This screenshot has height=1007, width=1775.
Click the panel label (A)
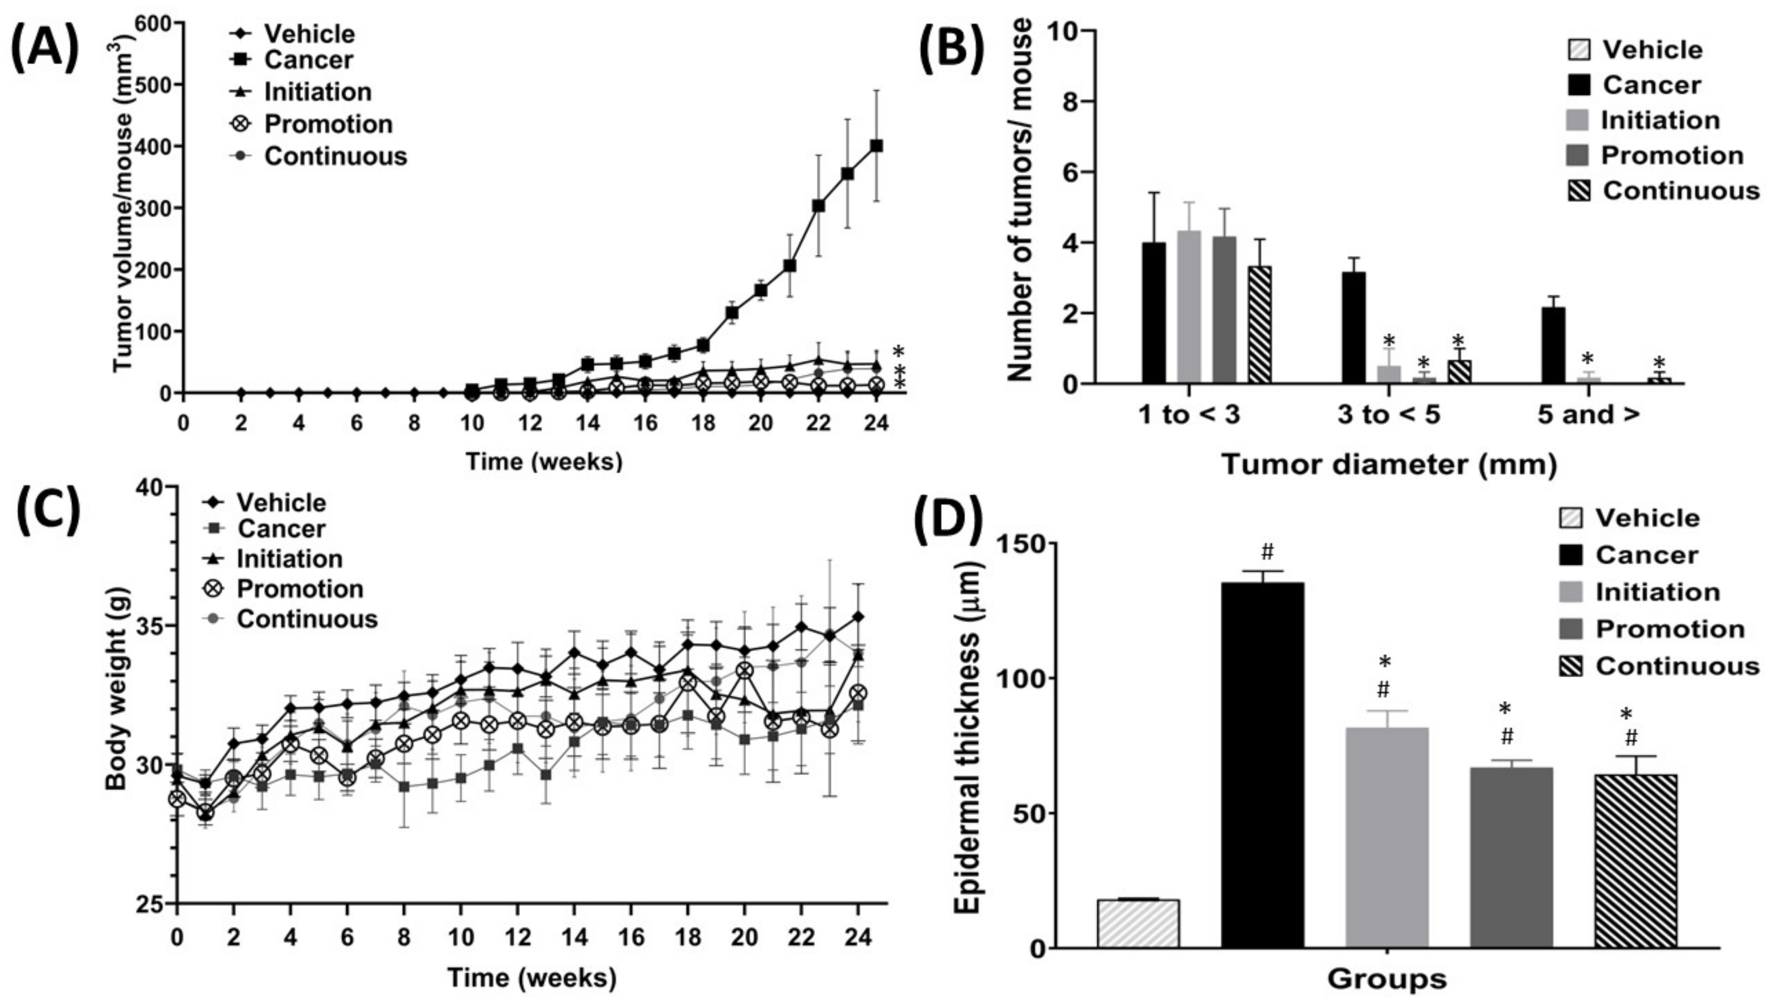pos(45,52)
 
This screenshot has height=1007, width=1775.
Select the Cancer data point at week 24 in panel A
pos(876,145)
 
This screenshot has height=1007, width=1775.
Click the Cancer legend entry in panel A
pos(308,60)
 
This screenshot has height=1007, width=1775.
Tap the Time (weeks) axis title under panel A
pos(544,461)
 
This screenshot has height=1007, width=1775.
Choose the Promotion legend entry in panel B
pos(1671,156)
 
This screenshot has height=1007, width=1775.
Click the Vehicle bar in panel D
pos(1138,923)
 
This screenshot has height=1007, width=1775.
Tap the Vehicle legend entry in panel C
pos(280,502)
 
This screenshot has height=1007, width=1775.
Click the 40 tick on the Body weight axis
pos(160,487)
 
